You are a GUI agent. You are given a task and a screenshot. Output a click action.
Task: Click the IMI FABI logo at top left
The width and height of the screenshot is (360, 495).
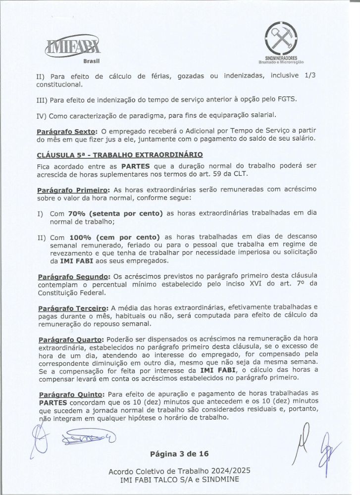(x=72, y=48)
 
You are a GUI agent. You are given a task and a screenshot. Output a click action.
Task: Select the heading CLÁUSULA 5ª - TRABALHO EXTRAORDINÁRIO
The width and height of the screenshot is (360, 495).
(x=117, y=154)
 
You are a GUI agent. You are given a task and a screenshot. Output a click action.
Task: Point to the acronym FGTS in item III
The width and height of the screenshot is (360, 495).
(x=283, y=100)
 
